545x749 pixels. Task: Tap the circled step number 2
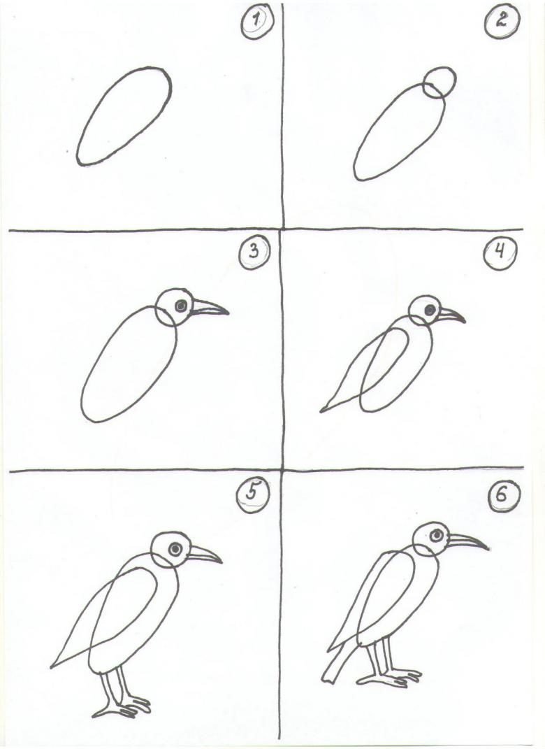point(501,22)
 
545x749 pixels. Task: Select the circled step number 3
point(254,250)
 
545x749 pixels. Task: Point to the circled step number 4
point(500,252)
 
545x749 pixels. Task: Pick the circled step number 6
point(502,494)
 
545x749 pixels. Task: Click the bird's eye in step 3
point(181,306)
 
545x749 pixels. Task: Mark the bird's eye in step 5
point(175,549)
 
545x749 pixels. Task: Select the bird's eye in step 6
point(437,536)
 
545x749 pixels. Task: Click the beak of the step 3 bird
point(210,308)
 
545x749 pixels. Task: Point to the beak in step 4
point(451,315)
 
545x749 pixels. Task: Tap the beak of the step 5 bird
point(204,554)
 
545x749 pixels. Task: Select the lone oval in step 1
point(124,117)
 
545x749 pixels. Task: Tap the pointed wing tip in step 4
point(323,410)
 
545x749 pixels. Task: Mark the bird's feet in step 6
point(389,678)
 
